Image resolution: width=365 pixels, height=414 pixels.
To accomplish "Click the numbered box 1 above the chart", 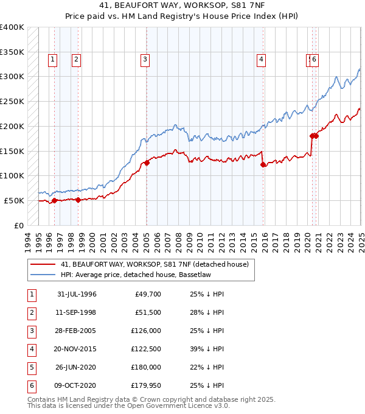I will pos(53,59).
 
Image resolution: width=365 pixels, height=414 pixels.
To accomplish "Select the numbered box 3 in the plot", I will pos(145,59).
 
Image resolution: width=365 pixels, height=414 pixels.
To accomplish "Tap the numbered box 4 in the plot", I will pos(260,59).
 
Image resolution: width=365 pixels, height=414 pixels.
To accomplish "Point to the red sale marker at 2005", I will pos(147,163).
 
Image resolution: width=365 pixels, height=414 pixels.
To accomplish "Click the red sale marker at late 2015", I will pos(263,164).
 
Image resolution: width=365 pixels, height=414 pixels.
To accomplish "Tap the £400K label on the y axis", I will pos(12,27).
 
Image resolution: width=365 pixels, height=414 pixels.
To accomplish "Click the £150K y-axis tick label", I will pos(12,151).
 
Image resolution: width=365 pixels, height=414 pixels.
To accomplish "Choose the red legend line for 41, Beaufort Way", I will pos(43,265).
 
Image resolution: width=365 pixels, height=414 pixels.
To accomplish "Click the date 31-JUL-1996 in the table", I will pos(77,294).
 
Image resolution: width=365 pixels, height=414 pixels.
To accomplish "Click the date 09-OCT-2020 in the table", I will pos(77,385).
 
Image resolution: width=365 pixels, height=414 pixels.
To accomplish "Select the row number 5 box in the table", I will pos(31,367).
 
